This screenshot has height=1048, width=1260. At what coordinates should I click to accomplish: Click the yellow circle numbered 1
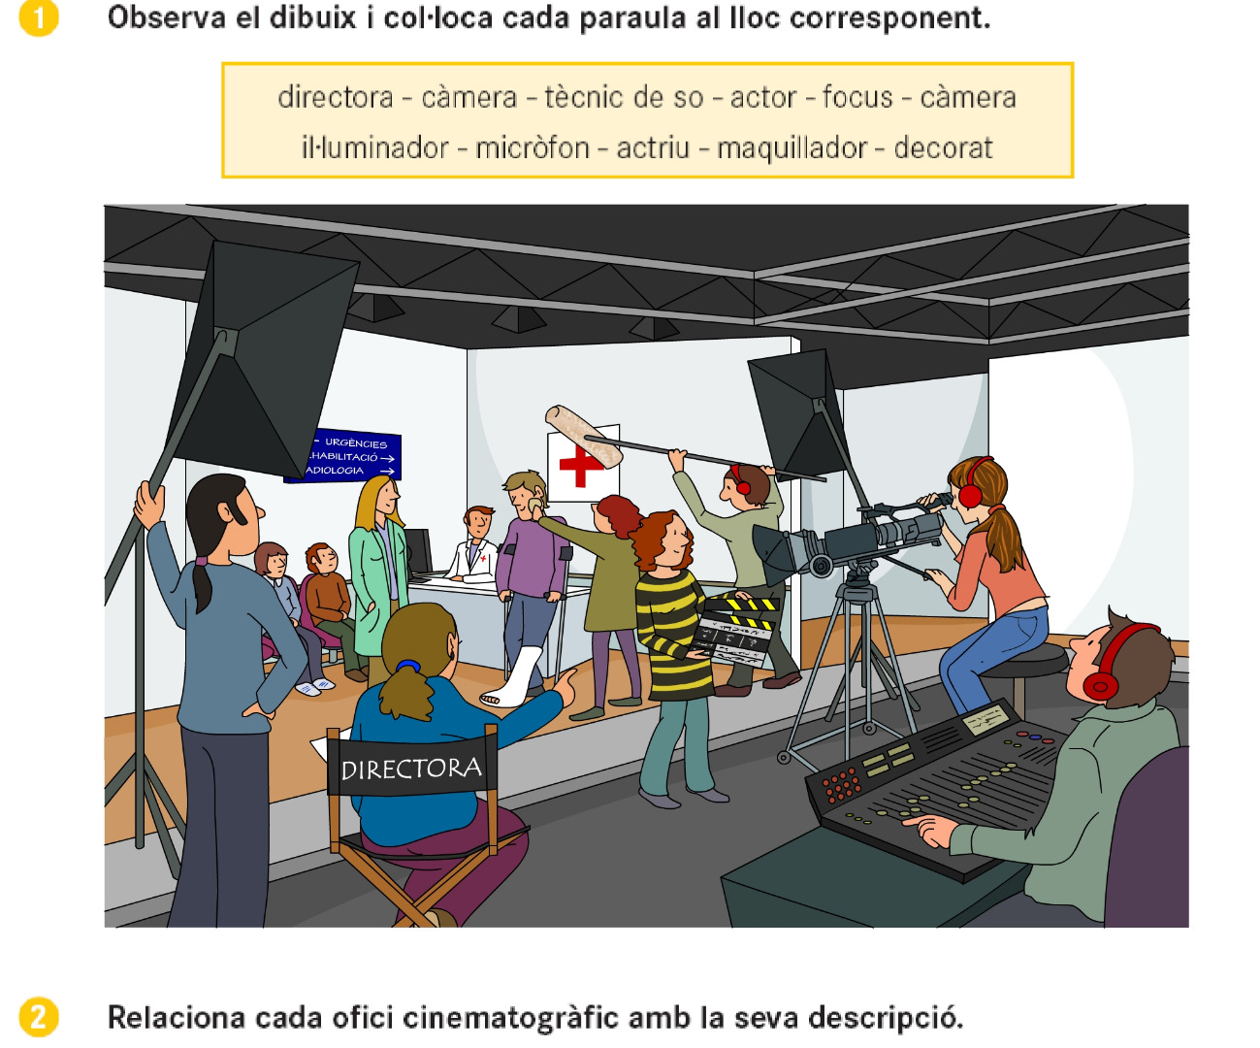(x=39, y=17)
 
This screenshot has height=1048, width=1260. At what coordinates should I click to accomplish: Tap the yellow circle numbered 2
(x=39, y=1017)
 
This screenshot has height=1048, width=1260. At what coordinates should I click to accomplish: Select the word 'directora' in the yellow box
(x=336, y=97)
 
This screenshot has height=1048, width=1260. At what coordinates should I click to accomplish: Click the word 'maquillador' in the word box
(x=792, y=148)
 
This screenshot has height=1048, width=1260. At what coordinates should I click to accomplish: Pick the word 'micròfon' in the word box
(x=533, y=147)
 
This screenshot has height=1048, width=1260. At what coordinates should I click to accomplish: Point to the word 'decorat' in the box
(x=943, y=147)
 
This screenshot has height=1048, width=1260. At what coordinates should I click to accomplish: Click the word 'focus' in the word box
(x=857, y=97)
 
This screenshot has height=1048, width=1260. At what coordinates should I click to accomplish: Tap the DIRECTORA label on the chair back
(x=411, y=769)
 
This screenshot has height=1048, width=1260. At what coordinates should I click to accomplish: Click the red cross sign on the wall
(x=580, y=464)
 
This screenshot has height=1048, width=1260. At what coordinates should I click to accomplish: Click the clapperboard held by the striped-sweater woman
(x=734, y=629)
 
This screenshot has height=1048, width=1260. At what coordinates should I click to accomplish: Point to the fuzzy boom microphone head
(x=583, y=436)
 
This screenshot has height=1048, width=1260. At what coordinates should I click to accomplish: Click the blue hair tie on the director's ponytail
(x=408, y=666)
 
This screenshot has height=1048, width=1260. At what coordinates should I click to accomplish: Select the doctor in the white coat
(x=475, y=545)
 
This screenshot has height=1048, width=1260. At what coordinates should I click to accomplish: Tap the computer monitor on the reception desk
(x=418, y=552)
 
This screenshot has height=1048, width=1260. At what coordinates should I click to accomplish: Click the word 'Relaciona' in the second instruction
(x=177, y=1018)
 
